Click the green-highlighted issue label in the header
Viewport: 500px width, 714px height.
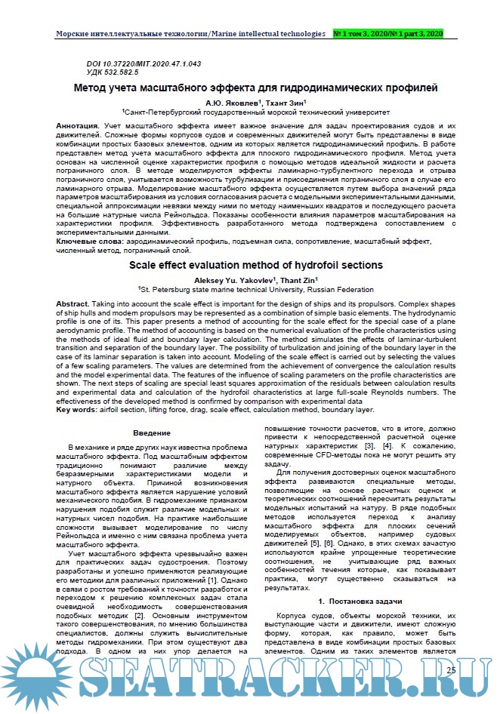coord(388,35)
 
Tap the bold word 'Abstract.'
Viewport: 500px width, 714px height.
coord(78,303)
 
